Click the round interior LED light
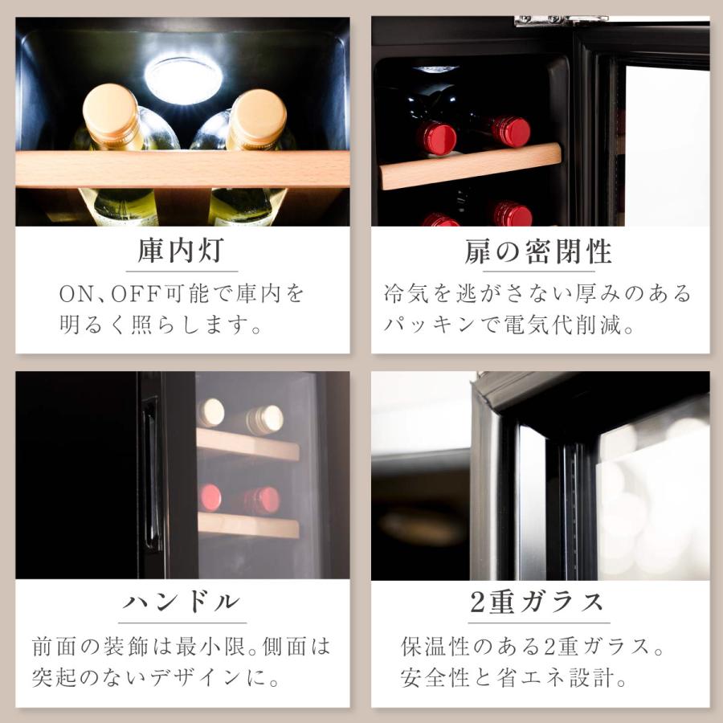tap(182, 80)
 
